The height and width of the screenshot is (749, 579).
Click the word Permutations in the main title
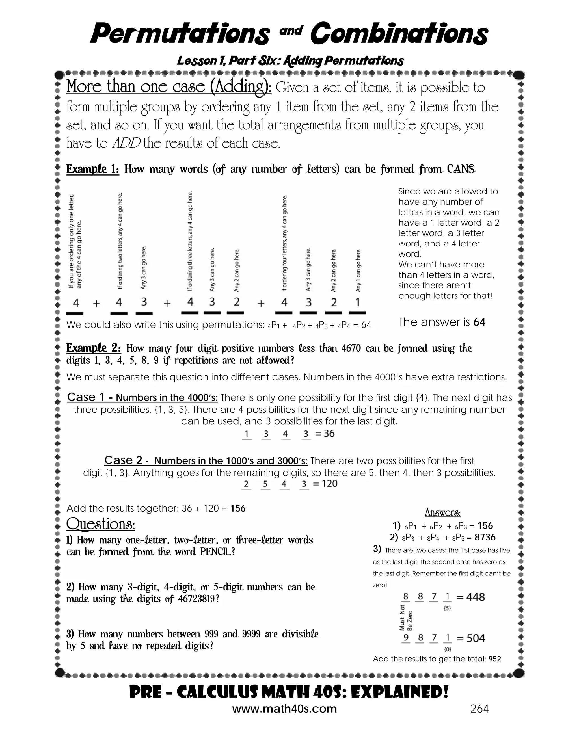coord(180,33)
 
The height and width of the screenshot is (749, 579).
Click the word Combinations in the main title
coord(399,33)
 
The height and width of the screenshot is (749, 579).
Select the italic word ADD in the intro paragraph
coord(126,143)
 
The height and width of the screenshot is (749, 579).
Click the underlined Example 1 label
coord(93,169)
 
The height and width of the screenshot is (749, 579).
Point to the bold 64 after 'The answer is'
coord(479,322)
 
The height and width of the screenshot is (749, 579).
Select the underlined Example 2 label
coord(93,348)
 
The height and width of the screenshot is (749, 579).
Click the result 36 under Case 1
coord(329,434)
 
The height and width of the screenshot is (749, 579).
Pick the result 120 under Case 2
coord(330,484)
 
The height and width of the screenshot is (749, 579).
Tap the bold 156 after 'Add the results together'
coord(238,508)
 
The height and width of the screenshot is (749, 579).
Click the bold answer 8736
coord(485,537)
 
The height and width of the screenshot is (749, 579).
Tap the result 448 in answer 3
coord(476,597)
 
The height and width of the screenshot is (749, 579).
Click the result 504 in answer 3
coord(476,638)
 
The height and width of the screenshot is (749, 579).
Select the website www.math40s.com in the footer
coord(284,709)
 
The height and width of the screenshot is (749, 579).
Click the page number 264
coord(479,709)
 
